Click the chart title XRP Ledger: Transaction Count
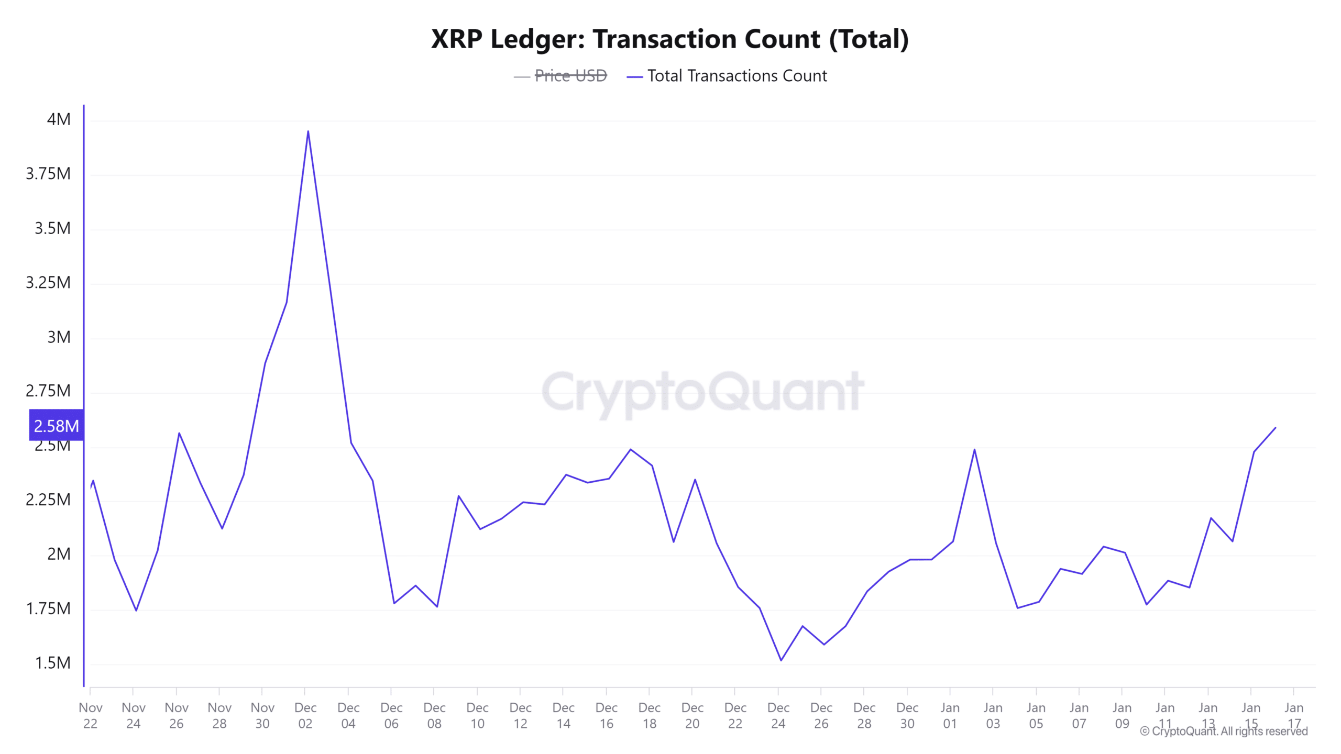669,39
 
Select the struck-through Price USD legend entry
570,76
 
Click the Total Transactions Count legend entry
737,76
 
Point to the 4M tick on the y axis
59,119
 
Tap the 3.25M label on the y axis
48,283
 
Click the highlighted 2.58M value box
56,426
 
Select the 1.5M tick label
52,663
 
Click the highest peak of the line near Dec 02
308,131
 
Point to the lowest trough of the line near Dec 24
781,660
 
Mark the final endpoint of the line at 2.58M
1275,428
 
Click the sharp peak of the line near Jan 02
974,449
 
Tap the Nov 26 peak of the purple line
179,433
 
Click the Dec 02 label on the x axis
305,715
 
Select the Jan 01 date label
950,715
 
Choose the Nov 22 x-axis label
90,715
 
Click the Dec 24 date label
778,715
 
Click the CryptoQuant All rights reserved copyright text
1224,731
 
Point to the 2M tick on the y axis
59,554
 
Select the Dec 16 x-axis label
606,715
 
